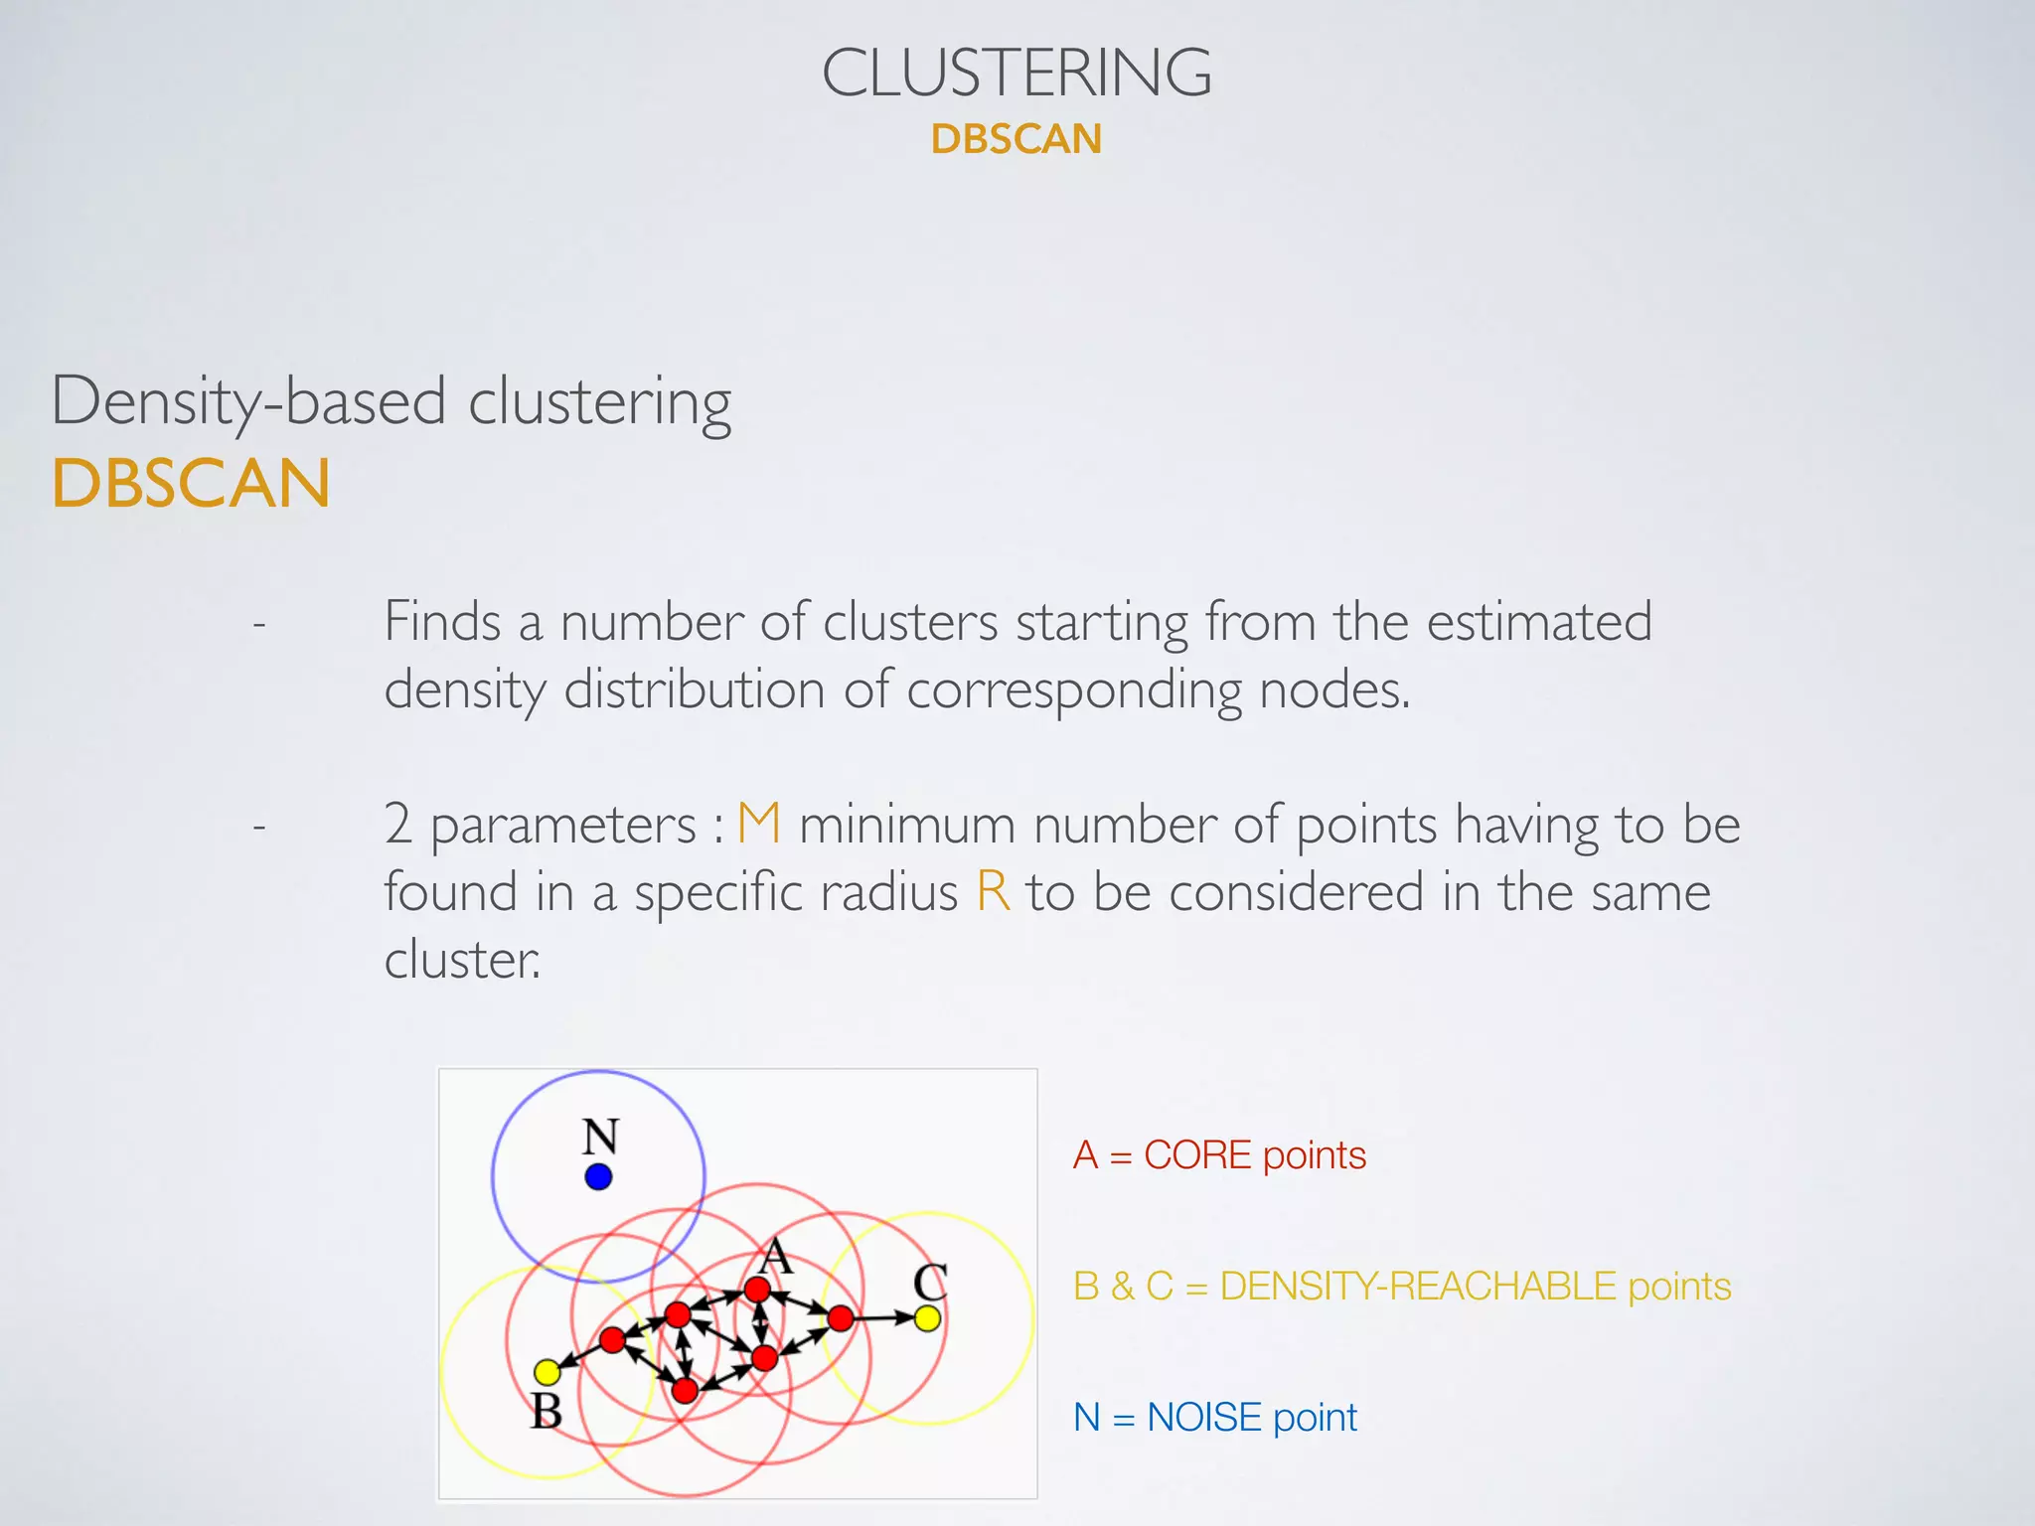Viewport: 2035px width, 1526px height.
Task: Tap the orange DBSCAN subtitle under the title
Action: tap(1017, 139)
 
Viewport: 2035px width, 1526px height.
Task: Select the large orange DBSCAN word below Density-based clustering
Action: tap(191, 484)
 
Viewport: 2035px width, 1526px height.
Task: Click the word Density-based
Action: tap(248, 402)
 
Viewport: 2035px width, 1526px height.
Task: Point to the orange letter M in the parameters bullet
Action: tap(759, 825)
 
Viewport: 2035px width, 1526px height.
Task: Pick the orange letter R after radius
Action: tap(993, 891)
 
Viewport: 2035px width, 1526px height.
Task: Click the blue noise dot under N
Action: tap(598, 1177)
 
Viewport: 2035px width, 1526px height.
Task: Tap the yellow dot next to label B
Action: tap(547, 1372)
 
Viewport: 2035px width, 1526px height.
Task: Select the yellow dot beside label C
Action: tap(927, 1318)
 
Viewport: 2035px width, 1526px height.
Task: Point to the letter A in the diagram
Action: tap(775, 1257)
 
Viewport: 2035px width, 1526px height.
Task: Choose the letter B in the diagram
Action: tap(547, 1411)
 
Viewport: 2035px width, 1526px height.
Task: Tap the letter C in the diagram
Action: tap(930, 1282)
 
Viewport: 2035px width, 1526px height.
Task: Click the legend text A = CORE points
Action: tap(1219, 1155)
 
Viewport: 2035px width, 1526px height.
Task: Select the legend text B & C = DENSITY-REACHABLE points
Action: tap(1402, 1287)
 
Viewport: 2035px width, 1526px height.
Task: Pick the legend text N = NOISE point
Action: tap(1214, 1418)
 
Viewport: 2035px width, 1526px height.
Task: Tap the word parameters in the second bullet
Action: tap(563, 826)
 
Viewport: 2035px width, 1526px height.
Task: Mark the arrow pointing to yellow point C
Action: tap(884, 1318)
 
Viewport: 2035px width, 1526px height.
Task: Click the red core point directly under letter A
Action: tap(757, 1290)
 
